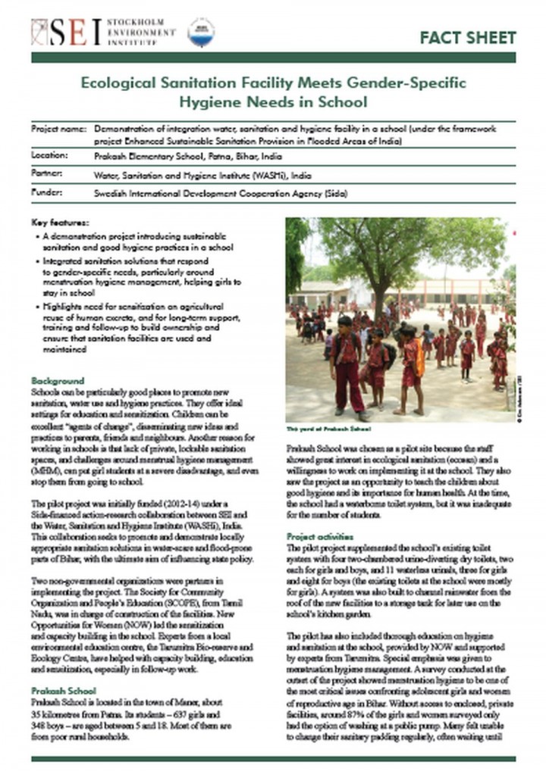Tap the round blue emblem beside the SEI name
201,32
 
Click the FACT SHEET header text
467,37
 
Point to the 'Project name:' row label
58,130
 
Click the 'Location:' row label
50,155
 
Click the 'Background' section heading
58,380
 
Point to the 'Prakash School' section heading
64,691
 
